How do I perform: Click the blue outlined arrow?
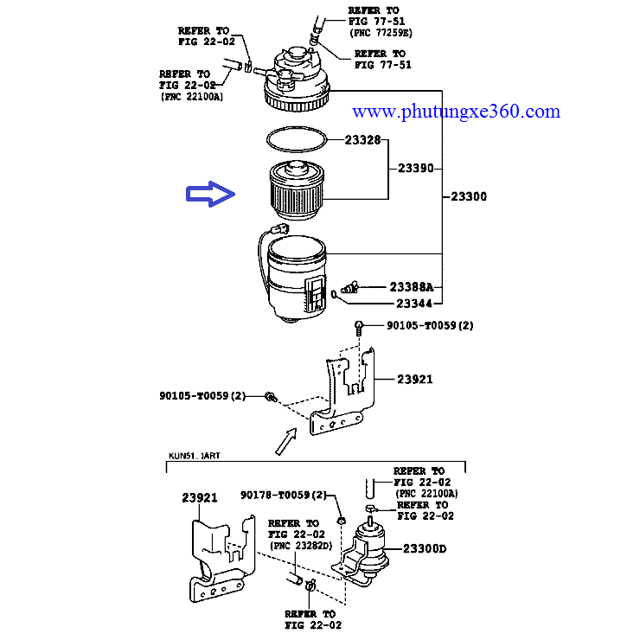tap(211, 194)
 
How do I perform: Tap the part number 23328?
tap(362, 140)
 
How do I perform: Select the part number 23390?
tap(415, 168)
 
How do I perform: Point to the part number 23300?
tap(469, 196)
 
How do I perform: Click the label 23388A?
tap(412, 287)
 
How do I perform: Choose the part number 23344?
tap(414, 304)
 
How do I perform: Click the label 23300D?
tap(425, 548)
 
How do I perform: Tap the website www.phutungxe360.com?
tap(456, 112)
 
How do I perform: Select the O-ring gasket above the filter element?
tap(297, 139)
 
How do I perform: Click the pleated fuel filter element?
tap(297, 189)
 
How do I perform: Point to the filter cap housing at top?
tap(297, 80)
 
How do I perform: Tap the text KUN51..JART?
tap(195, 456)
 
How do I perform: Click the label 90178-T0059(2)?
tap(284, 495)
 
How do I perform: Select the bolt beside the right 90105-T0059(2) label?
tap(359, 328)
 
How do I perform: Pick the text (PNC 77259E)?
tap(381, 33)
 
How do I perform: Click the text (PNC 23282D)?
tap(301, 546)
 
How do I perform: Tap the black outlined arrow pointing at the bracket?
tap(286, 442)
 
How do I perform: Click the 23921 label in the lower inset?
tap(200, 498)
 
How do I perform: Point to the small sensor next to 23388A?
tap(349, 287)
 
